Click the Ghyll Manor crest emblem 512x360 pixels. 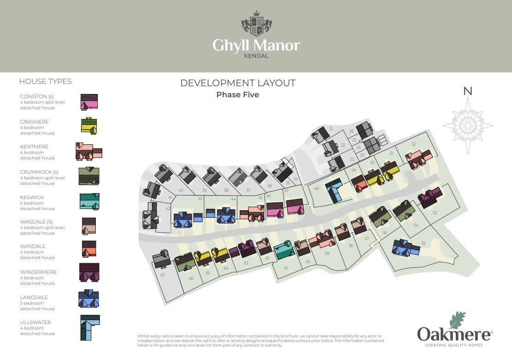click(x=256, y=23)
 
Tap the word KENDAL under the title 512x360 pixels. click(x=256, y=56)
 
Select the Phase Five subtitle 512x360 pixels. click(x=238, y=95)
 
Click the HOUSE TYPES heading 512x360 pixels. click(x=45, y=81)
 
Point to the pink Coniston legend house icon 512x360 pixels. click(x=89, y=102)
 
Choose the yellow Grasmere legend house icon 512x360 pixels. click(x=89, y=126)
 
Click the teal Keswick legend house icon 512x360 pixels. click(x=89, y=201)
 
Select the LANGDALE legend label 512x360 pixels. click(x=34, y=297)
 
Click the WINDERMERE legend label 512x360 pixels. click(x=38, y=272)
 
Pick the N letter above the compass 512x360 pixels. click(x=468, y=91)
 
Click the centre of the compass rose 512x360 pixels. click(x=468, y=125)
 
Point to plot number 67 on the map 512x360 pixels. click(x=163, y=275)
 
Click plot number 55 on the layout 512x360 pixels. click(x=424, y=243)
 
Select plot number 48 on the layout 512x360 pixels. click(x=316, y=189)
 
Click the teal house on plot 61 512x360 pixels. click(x=283, y=250)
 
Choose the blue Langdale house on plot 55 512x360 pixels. click(x=406, y=248)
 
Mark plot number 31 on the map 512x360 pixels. click(x=331, y=129)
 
